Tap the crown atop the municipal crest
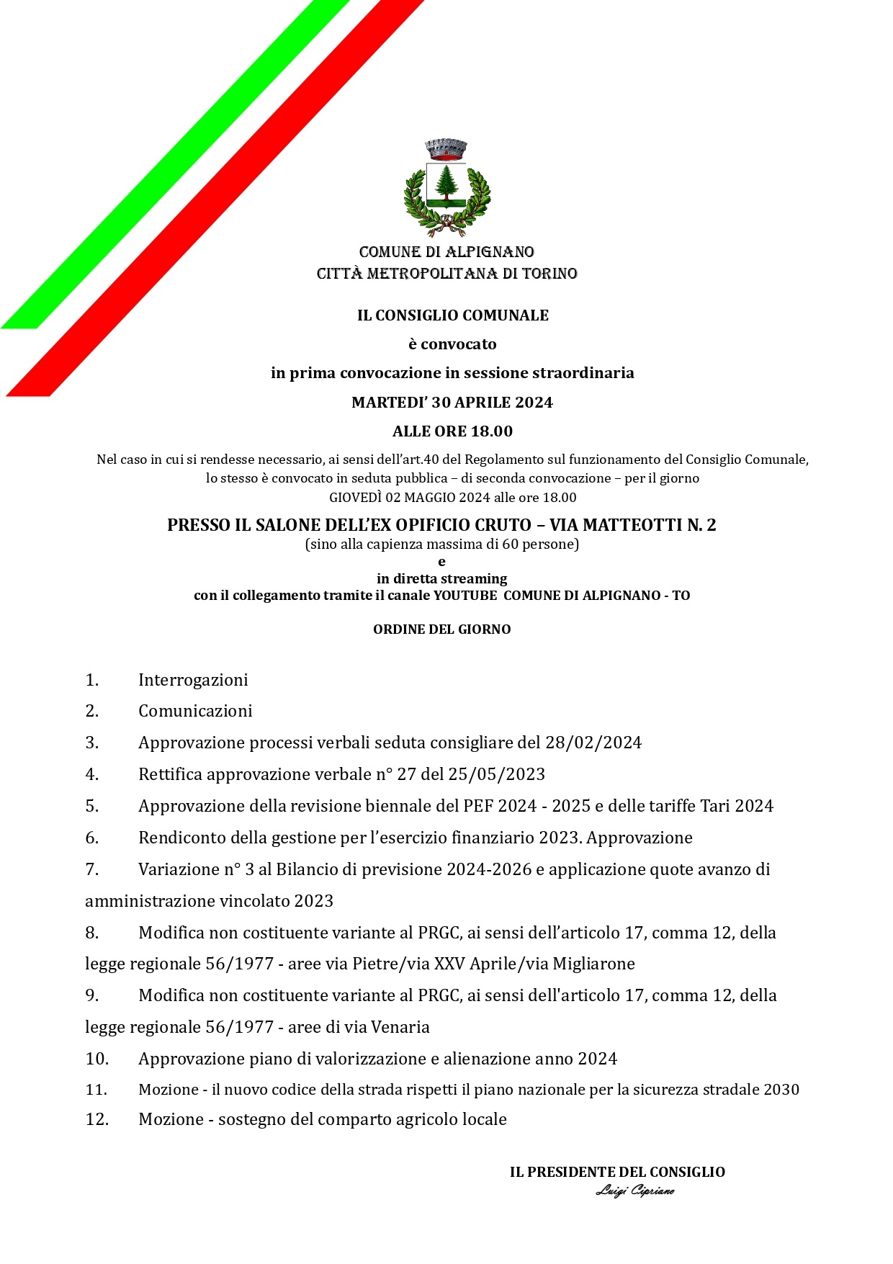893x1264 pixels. (x=447, y=149)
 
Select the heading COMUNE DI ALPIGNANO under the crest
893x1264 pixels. (x=447, y=252)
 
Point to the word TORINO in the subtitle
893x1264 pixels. (x=551, y=274)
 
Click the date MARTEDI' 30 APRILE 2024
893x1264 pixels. (x=452, y=403)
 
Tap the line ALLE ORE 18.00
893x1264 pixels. (x=452, y=431)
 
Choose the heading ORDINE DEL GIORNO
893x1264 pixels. (x=441, y=629)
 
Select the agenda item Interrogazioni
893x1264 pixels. (x=193, y=680)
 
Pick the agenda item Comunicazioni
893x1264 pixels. (x=195, y=711)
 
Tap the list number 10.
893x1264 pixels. (x=97, y=1059)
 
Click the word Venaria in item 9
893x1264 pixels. (x=399, y=1027)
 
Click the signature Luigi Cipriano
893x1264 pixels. (x=634, y=1191)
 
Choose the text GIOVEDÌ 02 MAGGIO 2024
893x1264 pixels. (x=409, y=498)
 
